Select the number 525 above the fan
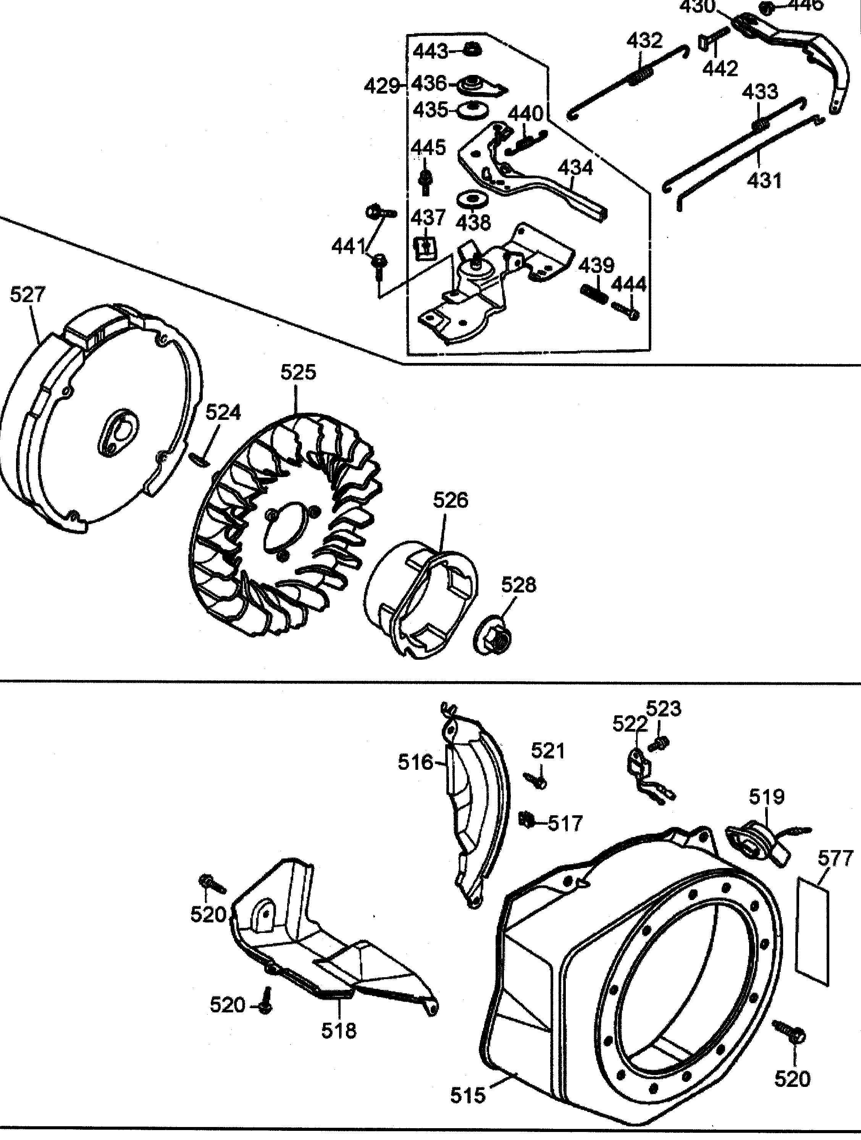pyautogui.click(x=298, y=372)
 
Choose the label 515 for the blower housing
pyautogui.click(x=468, y=1106)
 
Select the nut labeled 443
pyautogui.click(x=470, y=50)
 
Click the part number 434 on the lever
pyautogui.click(x=575, y=168)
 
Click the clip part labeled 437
pyautogui.click(x=425, y=248)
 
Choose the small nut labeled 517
pyautogui.click(x=526, y=820)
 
